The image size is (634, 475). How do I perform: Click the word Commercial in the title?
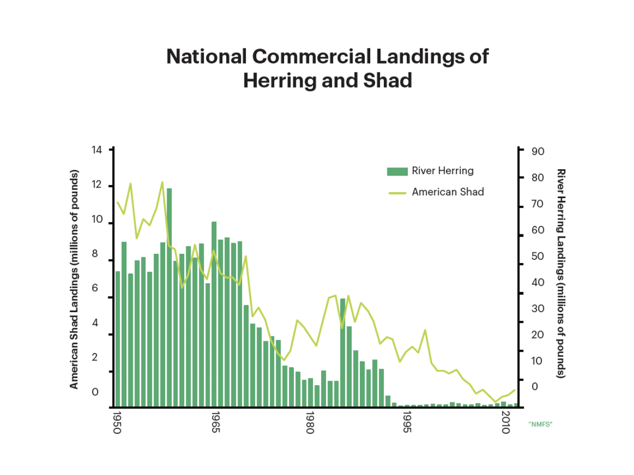pos(312,57)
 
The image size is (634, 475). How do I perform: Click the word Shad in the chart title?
pos(388,81)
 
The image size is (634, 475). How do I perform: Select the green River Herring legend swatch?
pos(397,171)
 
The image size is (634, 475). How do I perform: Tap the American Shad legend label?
pos(447,192)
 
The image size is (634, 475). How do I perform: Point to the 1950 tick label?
pos(117,423)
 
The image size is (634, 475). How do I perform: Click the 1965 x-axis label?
pos(216,423)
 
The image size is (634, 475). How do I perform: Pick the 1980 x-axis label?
pos(310,423)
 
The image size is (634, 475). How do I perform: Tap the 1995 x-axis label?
pos(407,423)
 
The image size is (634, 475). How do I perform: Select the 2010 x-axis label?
pos(506,423)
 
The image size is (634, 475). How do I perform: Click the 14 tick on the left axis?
pos(96,150)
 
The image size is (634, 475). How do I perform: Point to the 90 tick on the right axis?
pos(538,152)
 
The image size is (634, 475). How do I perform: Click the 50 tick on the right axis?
pos(538,256)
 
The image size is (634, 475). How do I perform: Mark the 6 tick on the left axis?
pos(95,288)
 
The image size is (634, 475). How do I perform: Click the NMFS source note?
pos(540,424)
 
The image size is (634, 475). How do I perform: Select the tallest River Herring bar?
pos(169,299)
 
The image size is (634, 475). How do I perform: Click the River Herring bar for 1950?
pos(118,339)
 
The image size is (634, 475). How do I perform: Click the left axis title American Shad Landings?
pos(74,279)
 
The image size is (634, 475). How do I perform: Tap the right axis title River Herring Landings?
pos(561,273)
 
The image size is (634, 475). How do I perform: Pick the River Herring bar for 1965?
pos(214,314)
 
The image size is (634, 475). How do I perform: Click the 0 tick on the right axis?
pos(535,387)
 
